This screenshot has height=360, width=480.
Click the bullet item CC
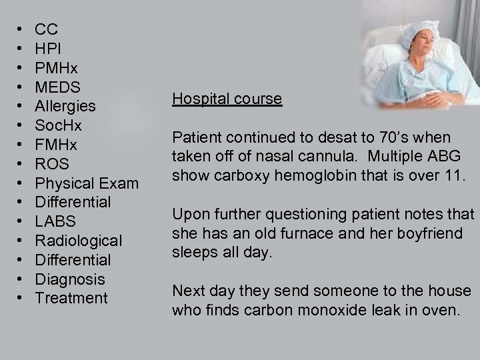[47, 29]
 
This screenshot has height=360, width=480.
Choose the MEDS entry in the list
[58, 87]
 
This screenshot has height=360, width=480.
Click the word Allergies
[65, 106]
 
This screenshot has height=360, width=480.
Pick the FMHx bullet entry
[56, 144]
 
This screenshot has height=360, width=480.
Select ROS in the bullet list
[52, 163]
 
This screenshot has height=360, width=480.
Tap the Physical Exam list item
[87, 183]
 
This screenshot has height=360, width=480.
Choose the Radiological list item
[79, 240]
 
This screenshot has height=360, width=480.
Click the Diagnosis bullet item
[69, 279]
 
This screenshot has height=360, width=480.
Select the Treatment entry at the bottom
[71, 298]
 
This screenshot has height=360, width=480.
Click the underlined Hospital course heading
[227, 99]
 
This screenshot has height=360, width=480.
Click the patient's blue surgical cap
[401, 27]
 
